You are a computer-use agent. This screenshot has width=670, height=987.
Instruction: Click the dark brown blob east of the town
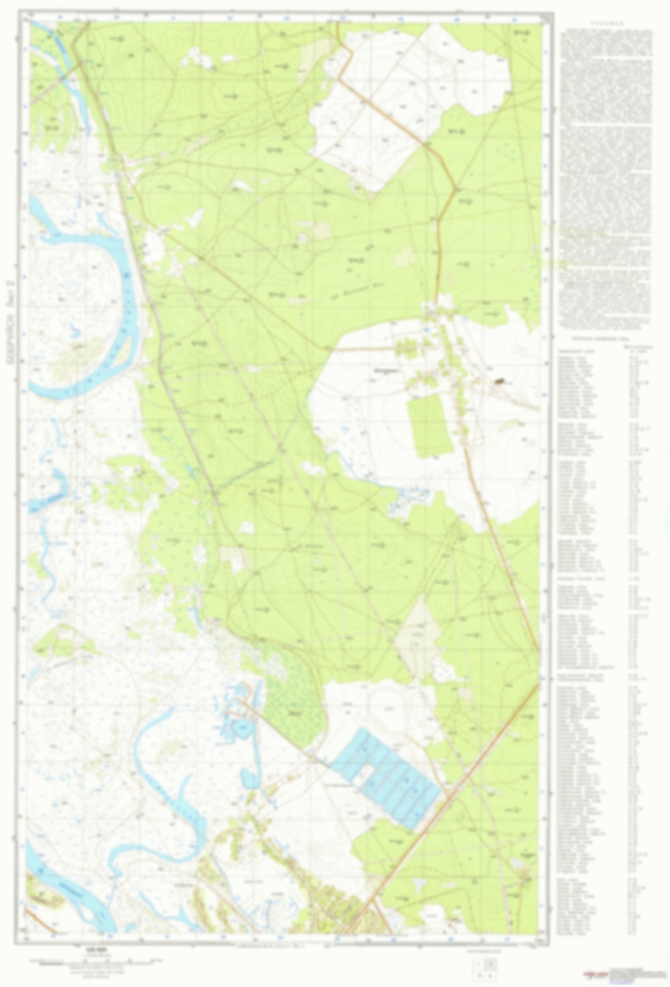499,382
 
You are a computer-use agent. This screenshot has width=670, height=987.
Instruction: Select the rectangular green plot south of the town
430,426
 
